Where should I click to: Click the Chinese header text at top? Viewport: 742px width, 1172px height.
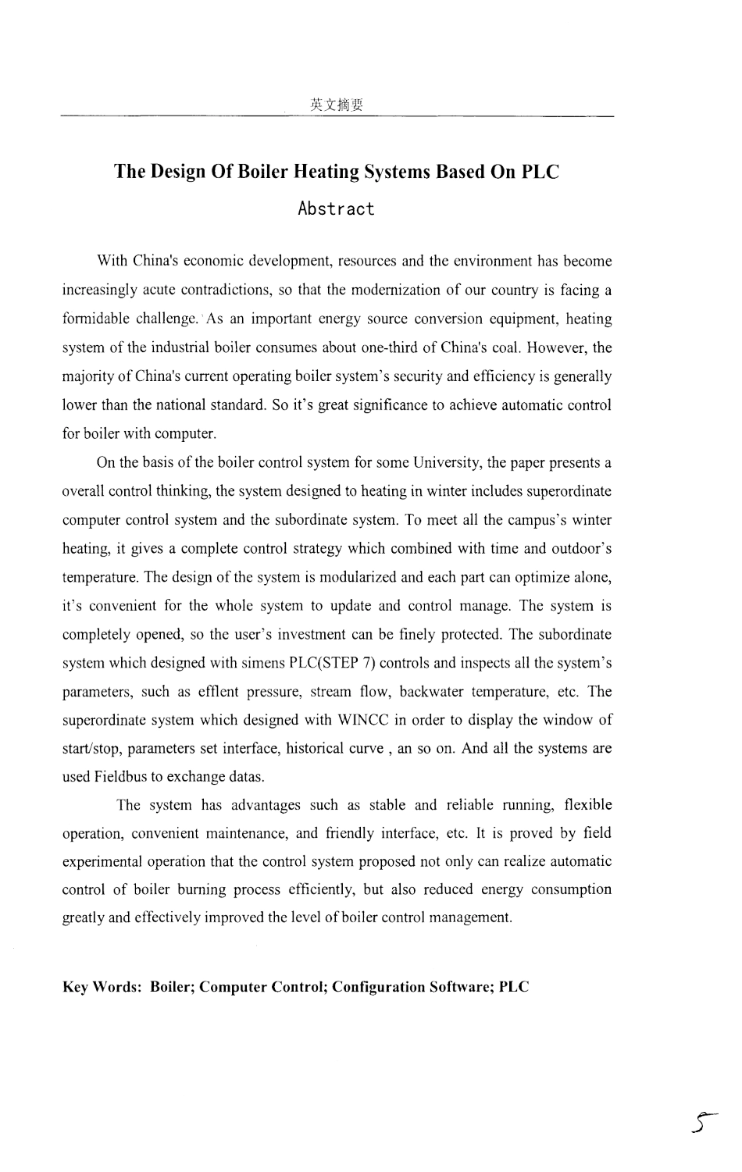coord(337,105)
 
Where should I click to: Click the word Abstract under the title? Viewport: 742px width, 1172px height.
coord(337,209)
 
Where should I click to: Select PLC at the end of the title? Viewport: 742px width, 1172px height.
coord(540,171)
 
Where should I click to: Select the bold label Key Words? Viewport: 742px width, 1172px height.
coord(102,987)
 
